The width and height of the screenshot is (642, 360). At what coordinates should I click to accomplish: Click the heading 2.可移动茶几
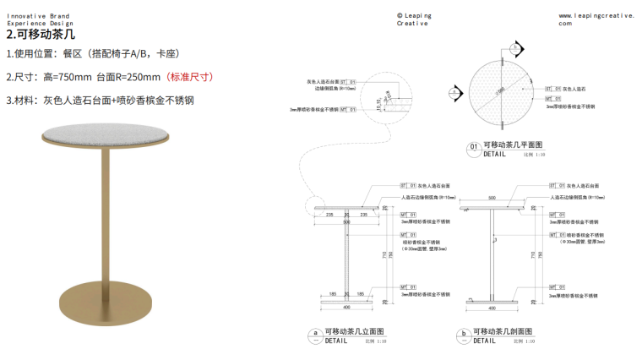tap(41, 35)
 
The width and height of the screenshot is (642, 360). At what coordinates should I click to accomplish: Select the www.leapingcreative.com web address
tap(595, 19)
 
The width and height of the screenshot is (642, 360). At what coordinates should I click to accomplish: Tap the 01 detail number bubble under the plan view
tap(473, 146)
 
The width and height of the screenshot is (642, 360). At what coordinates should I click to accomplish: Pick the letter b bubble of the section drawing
tap(463, 333)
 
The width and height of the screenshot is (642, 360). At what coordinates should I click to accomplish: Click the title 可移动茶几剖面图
tap(502, 331)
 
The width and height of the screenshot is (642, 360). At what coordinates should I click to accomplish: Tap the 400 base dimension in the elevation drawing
tap(345, 307)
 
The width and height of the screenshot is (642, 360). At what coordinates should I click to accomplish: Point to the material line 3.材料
tap(101, 100)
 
